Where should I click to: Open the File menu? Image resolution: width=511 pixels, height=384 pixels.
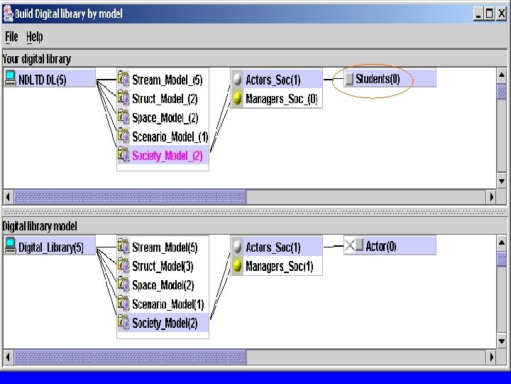(x=11, y=37)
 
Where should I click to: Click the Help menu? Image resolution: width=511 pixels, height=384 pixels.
(x=34, y=37)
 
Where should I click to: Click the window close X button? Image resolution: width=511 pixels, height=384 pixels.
(x=500, y=14)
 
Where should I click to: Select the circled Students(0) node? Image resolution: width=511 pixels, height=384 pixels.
(x=378, y=79)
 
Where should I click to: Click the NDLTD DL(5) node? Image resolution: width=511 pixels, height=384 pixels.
(x=43, y=80)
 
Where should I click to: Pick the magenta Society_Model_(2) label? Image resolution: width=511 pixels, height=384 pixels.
(x=167, y=156)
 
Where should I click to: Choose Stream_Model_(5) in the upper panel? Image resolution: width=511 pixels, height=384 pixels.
(x=167, y=80)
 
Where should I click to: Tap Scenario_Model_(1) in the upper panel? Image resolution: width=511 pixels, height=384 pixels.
(x=170, y=137)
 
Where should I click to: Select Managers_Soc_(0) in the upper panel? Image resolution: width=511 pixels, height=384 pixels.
(x=281, y=99)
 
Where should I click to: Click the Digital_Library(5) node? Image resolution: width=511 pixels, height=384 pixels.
(x=51, y=247)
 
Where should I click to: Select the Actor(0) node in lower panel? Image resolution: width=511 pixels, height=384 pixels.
(x=381, y=247)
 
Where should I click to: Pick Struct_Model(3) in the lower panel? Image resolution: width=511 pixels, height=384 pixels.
(x=163, y=267)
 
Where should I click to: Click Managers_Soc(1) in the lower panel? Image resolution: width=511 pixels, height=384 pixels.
(x=279, y=267)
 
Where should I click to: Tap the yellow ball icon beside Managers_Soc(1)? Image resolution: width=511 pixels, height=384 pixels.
(x=237, y=267)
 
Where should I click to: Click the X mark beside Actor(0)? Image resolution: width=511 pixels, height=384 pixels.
(x=350, y=246)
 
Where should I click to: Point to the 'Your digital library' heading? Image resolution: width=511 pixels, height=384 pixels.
(x=37, y=59)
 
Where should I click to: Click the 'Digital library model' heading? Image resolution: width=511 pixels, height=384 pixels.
(x=40, y=226)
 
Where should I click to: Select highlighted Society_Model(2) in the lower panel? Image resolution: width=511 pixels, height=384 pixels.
(x=167, y=324)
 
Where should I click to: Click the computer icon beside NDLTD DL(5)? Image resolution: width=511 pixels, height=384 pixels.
(x=10, y=79)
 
